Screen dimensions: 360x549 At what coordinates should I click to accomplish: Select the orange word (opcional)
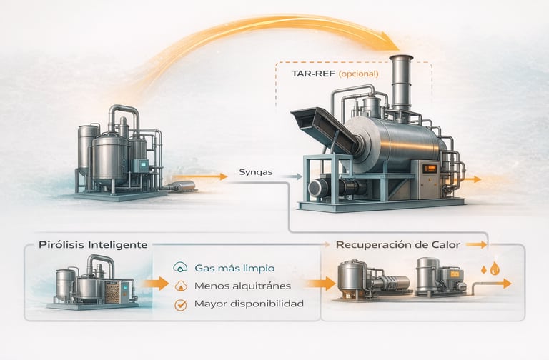[358, 74]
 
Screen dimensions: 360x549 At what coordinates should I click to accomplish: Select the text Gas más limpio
[234, 269]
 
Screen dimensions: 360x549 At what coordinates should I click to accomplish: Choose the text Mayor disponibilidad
[248, 304]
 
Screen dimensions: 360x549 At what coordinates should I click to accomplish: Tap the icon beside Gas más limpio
[179, 269]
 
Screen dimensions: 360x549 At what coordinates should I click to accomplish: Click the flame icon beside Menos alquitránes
[179, 286]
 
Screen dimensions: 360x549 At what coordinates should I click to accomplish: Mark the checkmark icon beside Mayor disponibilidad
[179, 304]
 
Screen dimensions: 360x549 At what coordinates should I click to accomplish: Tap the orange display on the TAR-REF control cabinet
[429, 168]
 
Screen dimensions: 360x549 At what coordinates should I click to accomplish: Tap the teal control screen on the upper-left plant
[144, 165]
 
